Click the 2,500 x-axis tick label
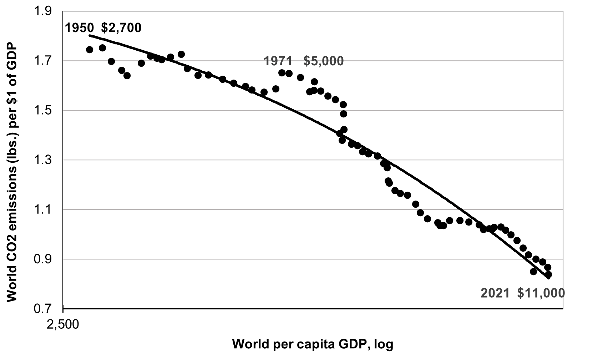tap(63, 325)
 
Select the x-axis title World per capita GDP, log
tap(313, 344)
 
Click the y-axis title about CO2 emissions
tap(12, 171)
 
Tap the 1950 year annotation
tap(80, 28)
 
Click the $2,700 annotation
tap(121, 28)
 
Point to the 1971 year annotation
tap(278, 61)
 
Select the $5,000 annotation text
tap(323, 61)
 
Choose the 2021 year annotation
tap(495, 293)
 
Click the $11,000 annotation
tap(541, 293)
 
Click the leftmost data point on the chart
tap(90, 50)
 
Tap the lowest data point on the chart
tap(548, 274)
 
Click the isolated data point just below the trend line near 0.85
tap(533, 272)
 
